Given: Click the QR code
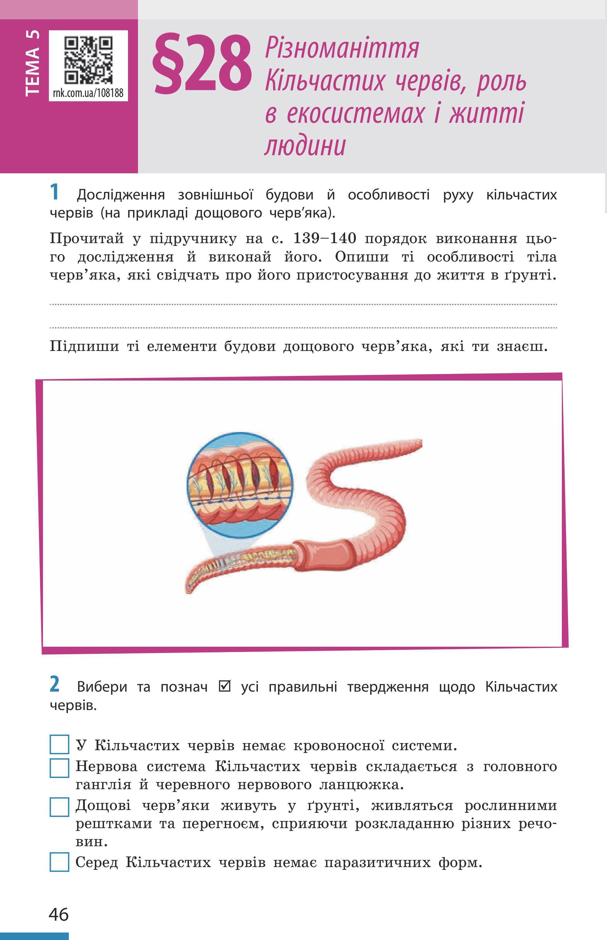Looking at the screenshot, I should [88, 60].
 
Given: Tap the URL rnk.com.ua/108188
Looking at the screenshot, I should [88, 93].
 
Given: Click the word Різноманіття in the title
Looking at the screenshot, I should [342, 48].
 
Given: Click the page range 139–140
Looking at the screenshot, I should [325, 238].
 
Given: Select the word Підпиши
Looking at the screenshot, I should [84, 346].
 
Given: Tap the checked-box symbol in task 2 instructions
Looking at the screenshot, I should [224, 686].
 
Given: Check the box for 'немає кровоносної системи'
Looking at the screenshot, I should [59, 744].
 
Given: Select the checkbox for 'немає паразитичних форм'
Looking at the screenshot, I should [59, 862].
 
